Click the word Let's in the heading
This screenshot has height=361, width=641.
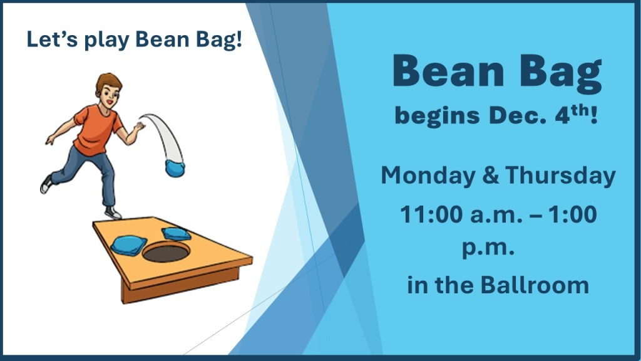[x=51, y=39]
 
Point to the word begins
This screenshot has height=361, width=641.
[x=437, y=116]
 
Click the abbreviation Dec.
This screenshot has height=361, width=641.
[x=516, y=115]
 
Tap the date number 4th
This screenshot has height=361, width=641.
[x=573, y=114]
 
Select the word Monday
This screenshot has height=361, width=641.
[x=428, y=176]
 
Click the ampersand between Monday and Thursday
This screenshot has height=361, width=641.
[x=490, y=175]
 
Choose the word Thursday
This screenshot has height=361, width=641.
[x=560, y=176]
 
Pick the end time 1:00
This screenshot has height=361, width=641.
[x=572, y=214]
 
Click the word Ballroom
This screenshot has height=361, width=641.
[x=535, y=285]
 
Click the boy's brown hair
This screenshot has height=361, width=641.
[x=109, y=82]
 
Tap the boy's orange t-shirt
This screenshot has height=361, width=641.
[x=96, y=129]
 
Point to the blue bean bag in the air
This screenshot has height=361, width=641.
[x=175, y=168]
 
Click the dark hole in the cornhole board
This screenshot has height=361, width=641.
[x=166, y=252]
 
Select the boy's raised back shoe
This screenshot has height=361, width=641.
[x=46, y=184]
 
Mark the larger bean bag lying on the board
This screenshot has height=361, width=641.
[x=129, y=245]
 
